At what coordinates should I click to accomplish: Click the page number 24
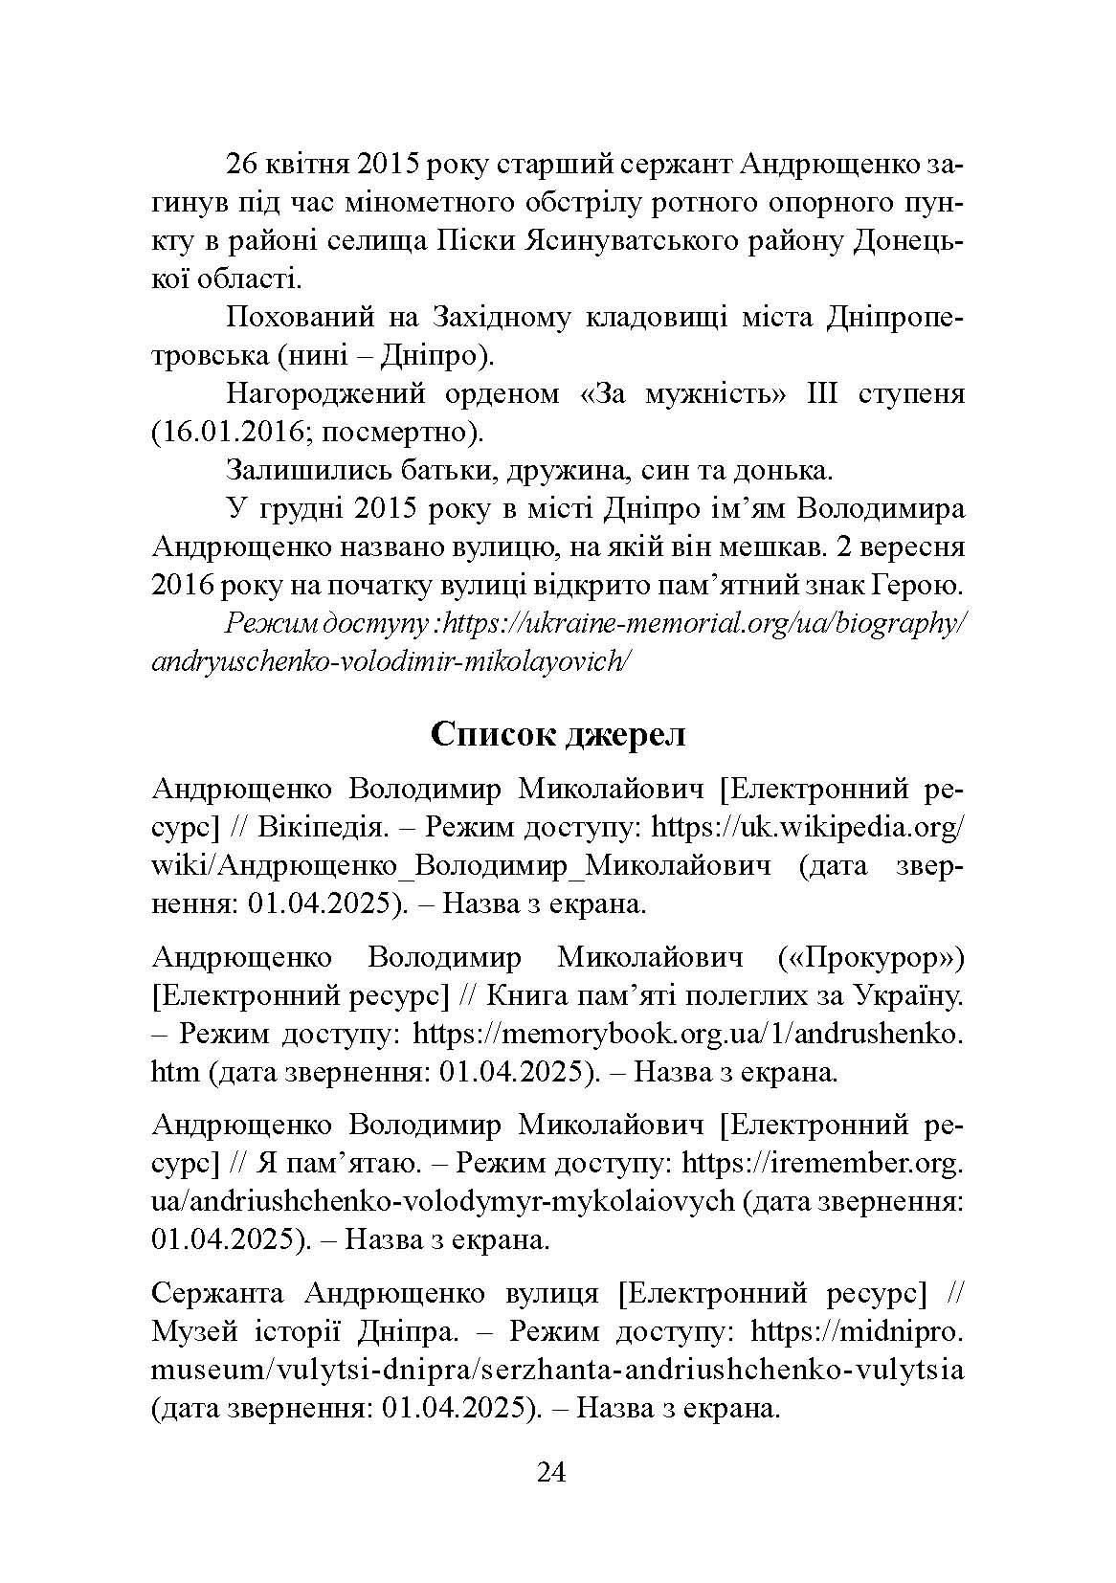tap(552, 1472)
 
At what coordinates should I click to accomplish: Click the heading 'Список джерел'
tap(558, 734)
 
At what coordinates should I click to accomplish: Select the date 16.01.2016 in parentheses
tap(233, 432)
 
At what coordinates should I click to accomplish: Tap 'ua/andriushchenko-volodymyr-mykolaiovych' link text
tap(443, 1201)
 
